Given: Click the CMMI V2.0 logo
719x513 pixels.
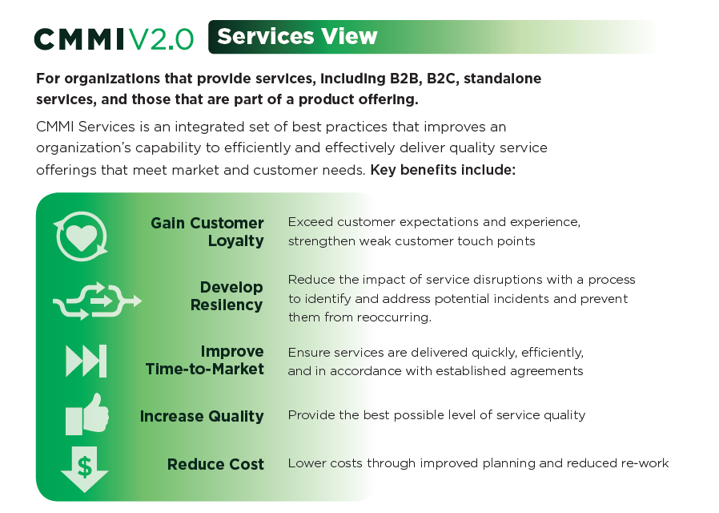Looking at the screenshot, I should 114,38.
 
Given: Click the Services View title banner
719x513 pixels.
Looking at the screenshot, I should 297,37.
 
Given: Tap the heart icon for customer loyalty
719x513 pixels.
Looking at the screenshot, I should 80,235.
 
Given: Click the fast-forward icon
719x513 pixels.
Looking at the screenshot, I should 86,360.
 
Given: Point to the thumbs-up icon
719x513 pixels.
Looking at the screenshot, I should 86,414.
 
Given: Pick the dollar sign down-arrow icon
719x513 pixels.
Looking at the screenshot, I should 84,468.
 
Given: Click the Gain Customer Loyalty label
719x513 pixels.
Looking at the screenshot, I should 207,232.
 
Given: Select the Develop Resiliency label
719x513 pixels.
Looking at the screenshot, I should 227,296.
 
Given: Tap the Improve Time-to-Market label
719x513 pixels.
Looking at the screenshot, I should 205,360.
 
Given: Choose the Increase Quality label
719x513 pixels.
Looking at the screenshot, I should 202,416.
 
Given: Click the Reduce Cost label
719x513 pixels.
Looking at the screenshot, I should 215,464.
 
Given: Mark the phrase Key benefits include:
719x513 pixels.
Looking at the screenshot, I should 443,171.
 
